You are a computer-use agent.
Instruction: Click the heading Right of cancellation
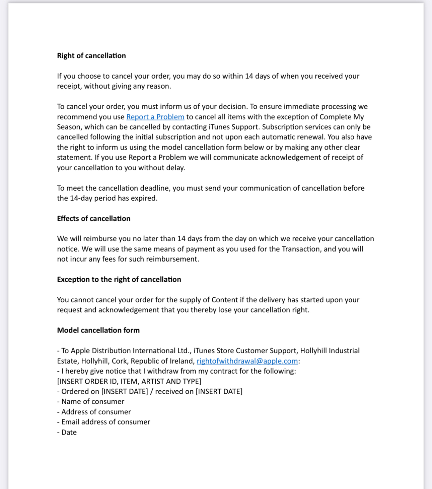tap(91, 56)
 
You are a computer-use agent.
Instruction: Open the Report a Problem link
tap(155, 117)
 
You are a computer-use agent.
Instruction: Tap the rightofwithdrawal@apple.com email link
tap(247, 361)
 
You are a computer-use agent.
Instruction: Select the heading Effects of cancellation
tap(94, 218)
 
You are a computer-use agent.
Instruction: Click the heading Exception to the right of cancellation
tap(119, 279)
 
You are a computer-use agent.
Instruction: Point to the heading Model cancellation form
tap(98, 330)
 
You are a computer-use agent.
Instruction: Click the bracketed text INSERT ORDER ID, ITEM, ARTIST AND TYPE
tap(129, 381)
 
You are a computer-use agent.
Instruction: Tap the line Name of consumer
tap(93, 401)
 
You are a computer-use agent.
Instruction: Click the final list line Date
tap(69, 432)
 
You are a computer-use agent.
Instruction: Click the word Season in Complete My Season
tap(69, 127)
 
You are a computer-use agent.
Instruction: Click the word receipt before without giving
tap(69, 86)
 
